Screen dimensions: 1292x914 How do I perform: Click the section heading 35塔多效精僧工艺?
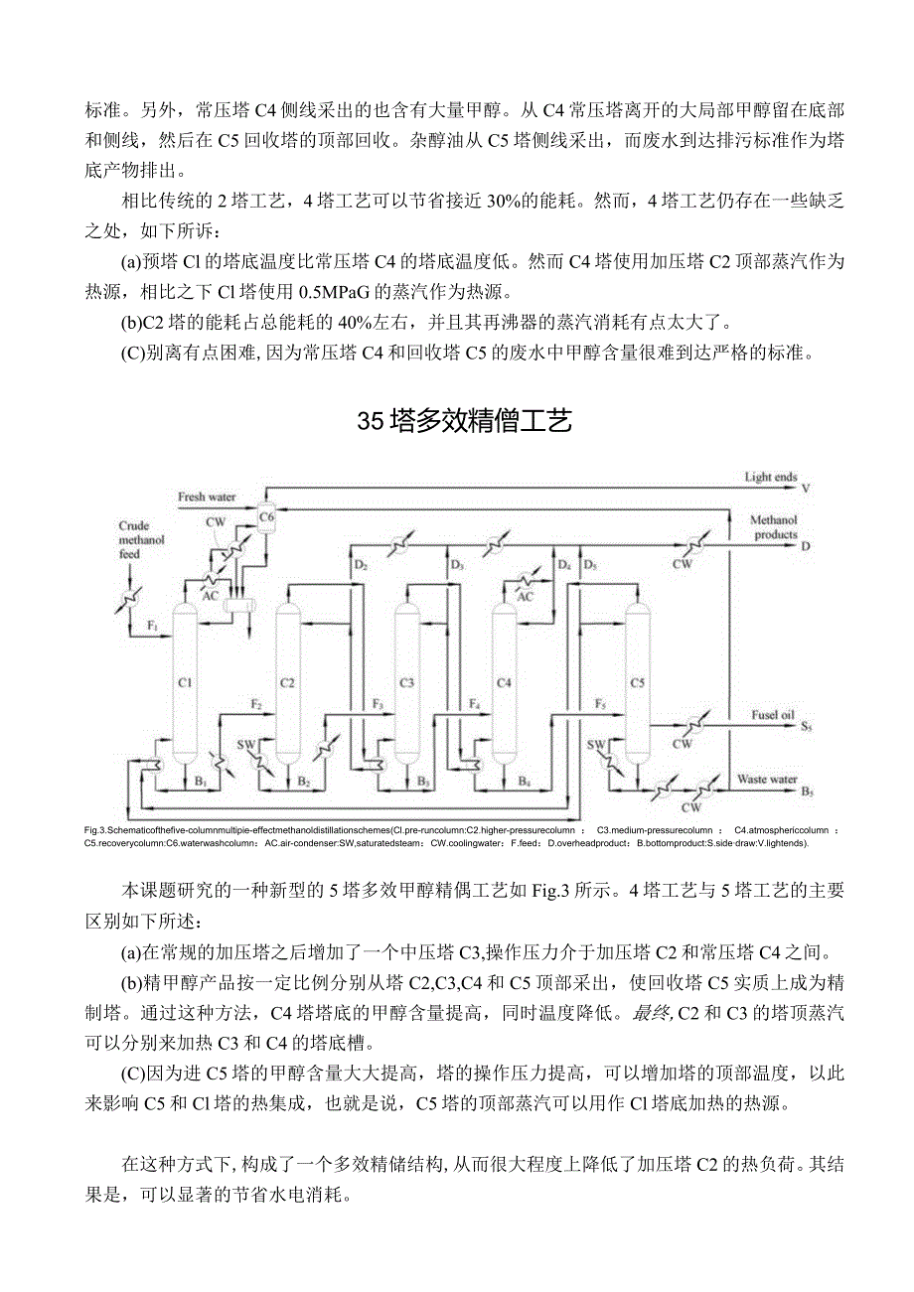click(x=464, y=422)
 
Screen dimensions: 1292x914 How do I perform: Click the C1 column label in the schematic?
click(x=184, y=682)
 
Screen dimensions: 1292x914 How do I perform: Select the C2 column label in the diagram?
click(x=288, y=682)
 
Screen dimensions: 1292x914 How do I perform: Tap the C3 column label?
click(x=406, y=682)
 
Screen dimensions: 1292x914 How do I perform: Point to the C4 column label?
click(x=504, y=682)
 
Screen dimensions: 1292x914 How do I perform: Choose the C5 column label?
click(x=637, y=682)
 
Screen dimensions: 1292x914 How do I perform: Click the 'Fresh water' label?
click(x=207, y=496)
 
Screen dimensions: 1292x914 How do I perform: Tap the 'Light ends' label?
click(x=771, y=478)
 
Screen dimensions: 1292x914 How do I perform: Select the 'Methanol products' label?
click(x=773, y=527)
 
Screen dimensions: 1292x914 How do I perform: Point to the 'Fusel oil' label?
click(x=773, y=714)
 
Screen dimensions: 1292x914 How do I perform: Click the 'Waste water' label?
click(x=767, y=780)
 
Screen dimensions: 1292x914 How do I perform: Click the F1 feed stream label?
click(x=153, y=626)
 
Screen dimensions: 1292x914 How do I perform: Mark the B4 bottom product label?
click(x=524, y=781)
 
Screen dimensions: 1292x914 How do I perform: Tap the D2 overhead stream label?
click(x=360, y=565)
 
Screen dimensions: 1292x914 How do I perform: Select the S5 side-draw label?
click(x=806, y=728)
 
